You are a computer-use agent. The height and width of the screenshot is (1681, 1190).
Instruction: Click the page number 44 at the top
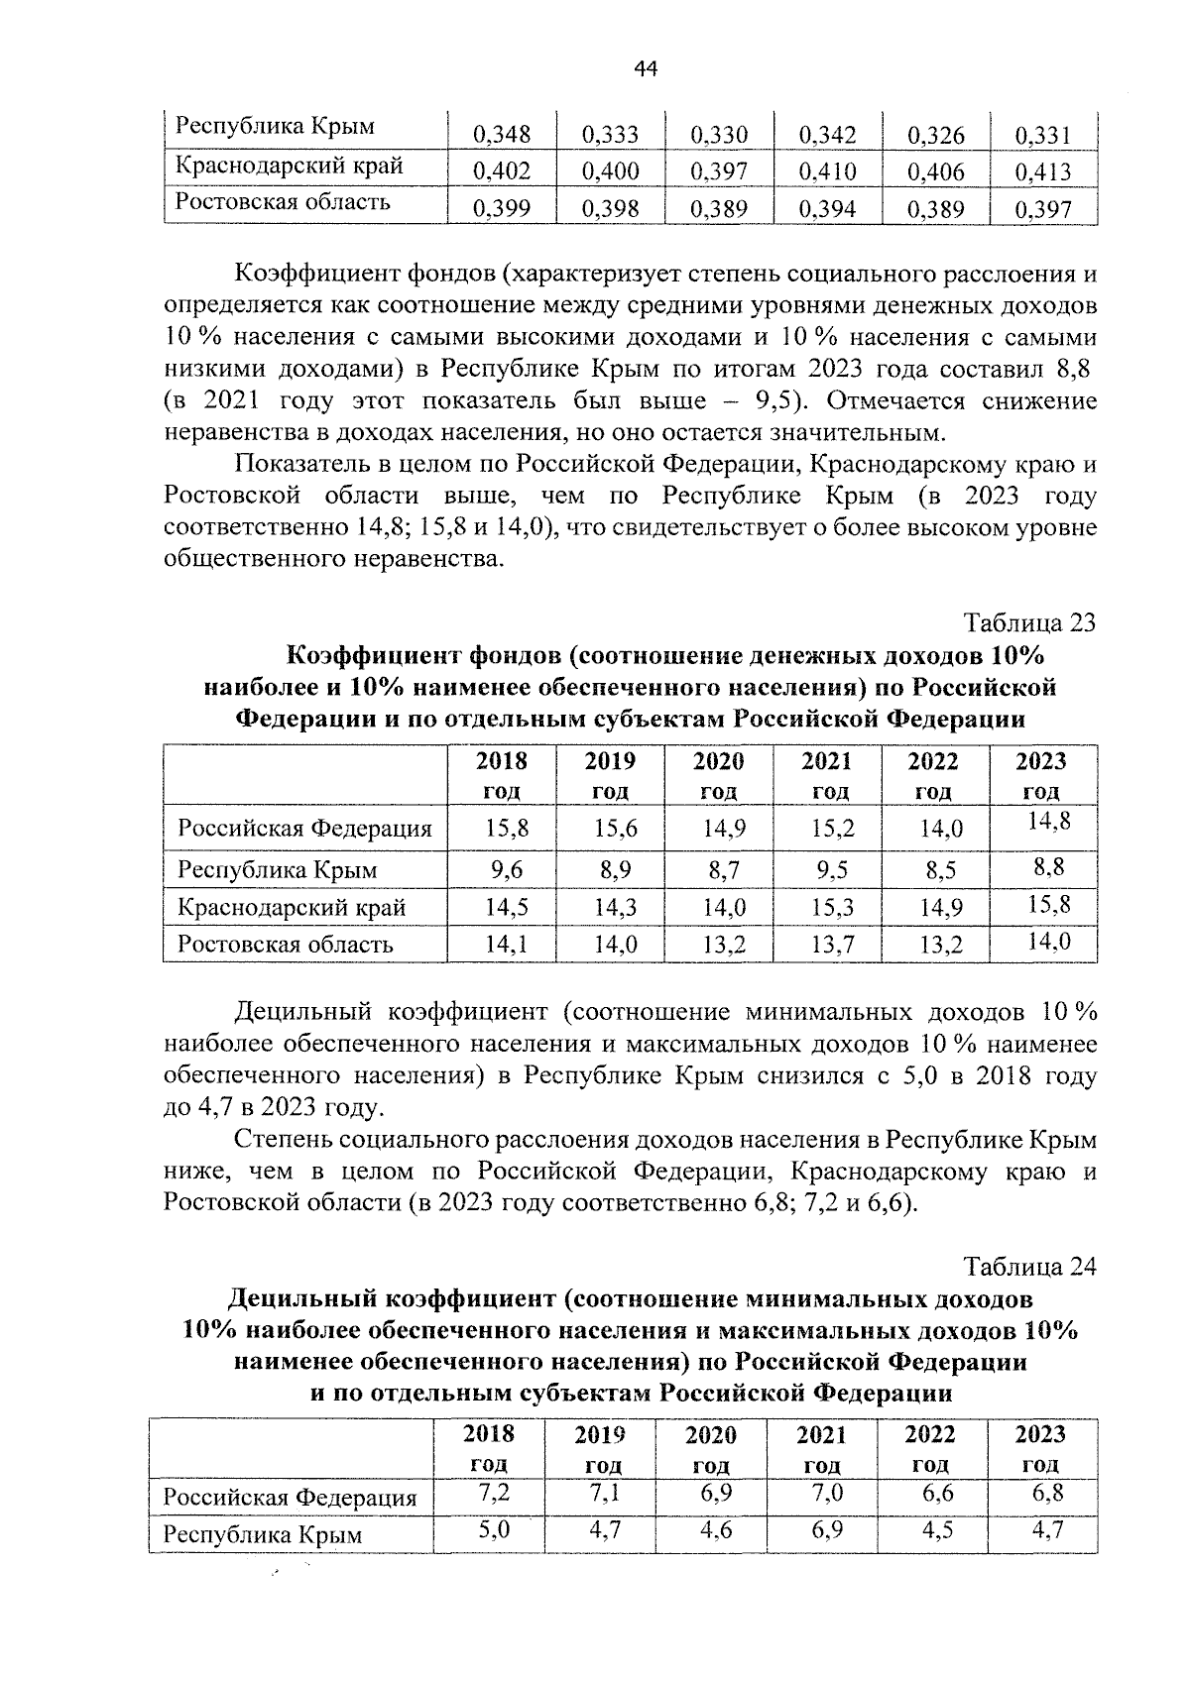[x=645, y=68]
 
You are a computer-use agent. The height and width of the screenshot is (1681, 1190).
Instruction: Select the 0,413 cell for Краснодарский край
[x=1043, y=172]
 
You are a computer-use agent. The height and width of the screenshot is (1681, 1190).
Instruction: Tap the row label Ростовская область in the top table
[x=283, y=202]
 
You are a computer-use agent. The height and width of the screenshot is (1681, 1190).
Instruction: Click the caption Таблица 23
[x=1030, y=622]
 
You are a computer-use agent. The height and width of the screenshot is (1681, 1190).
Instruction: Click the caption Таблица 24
[x=1030, y=1267]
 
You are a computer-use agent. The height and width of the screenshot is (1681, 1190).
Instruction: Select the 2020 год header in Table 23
[x=718, y=775]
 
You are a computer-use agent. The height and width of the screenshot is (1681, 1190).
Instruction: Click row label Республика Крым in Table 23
[x=277, y=870]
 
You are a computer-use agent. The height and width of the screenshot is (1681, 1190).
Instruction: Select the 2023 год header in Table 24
[x=1040, y=1448]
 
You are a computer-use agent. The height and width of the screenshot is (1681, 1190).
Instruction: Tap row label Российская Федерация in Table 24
[x=290, y=1497]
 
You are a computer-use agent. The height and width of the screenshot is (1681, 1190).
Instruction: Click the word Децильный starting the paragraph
[x=301, y=1012]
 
